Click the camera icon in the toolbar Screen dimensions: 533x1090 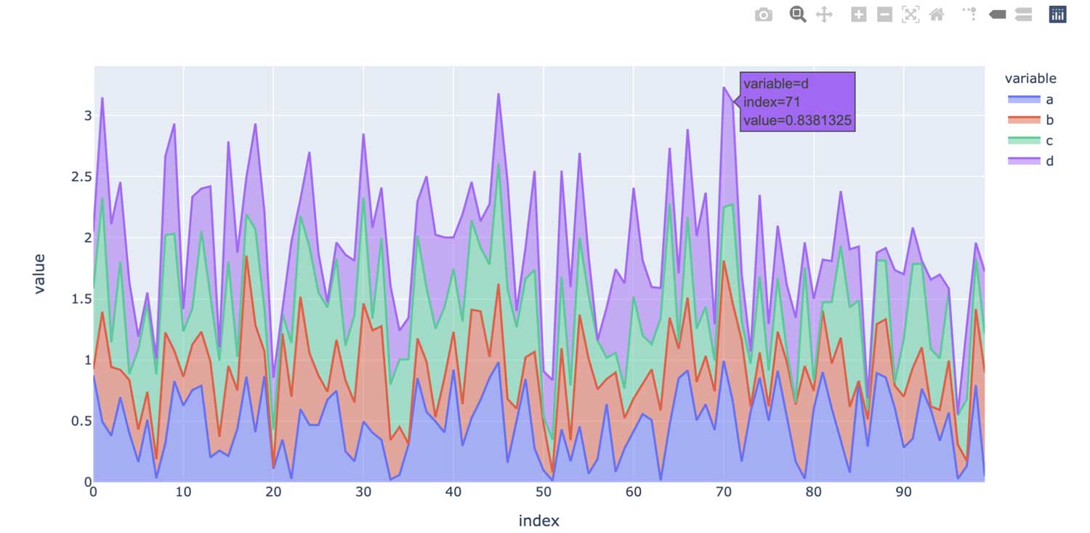click(763, 15)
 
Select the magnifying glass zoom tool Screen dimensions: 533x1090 click(798, 15)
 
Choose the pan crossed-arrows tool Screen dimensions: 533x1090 click(824, 15)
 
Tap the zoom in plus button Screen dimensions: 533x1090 click(859, 15)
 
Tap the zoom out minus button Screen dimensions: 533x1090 click(884, 15)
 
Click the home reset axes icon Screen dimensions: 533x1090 click(937, 15)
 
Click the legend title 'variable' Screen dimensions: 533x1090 click(1030, 78)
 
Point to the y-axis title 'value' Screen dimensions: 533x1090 click(39, 273)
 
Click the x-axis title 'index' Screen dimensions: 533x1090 click(538, 521)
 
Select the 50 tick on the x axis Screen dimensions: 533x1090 click(544, 492)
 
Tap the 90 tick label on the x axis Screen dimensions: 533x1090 click(904, 492)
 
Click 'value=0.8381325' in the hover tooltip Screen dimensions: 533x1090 click(797, 121)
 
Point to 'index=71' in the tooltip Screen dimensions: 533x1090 click(772, 102)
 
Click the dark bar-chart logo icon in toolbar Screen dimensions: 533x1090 click(1057, 15)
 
